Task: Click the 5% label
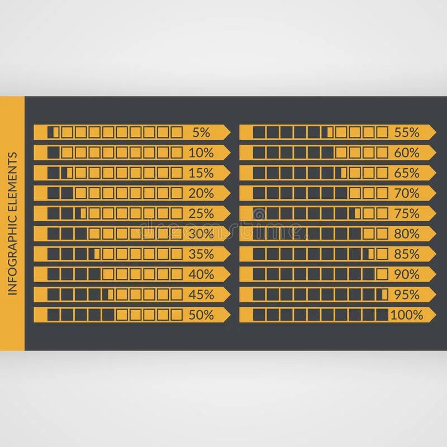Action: [201, 132]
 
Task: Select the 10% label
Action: [201, 153]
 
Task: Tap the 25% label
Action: [201, 213]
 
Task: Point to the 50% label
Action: [201, 315]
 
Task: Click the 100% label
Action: [406, 315]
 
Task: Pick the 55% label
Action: [407, 132]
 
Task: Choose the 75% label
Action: [407, 213]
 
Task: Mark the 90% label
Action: [407, 274]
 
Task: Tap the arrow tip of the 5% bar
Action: [227, 132]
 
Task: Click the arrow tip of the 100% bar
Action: [434, 315]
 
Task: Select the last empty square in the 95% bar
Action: [383, 294]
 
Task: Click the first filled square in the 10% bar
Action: [53, 153]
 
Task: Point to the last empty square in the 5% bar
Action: [177, 132]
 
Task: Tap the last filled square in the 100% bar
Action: [382, 315]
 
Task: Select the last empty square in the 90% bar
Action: [382, 274]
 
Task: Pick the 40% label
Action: [201, 274]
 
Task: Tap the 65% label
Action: [407, 173]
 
